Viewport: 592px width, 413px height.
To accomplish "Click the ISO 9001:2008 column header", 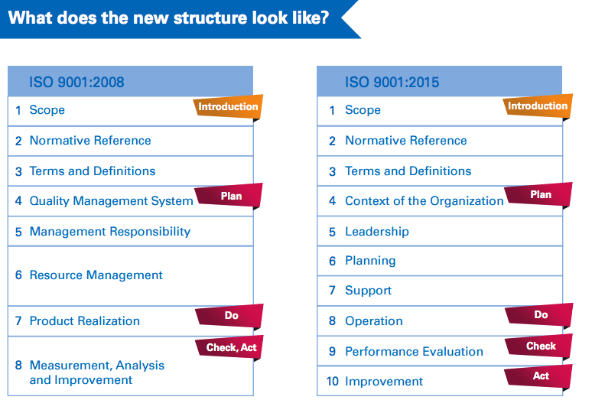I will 76,82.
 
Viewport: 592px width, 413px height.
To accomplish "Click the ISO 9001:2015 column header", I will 392,82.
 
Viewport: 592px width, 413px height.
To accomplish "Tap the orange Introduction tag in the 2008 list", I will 228,107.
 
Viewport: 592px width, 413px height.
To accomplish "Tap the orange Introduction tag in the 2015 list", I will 538,106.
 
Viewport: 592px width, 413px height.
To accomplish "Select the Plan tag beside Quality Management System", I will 230,196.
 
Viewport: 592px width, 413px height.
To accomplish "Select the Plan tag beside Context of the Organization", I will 540,195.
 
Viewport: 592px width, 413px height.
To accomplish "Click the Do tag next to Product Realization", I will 230,316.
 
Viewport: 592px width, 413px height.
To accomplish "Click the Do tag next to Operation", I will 540,315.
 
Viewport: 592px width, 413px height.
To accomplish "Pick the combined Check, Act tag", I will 231,348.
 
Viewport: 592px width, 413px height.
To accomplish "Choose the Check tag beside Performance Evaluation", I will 540,346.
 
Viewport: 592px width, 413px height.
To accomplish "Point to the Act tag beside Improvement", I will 540,376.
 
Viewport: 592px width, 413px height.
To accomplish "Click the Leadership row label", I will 376,232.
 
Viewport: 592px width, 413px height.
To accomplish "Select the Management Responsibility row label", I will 109,232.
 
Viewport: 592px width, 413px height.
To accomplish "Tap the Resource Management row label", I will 96,275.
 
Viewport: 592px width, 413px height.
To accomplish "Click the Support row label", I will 368,291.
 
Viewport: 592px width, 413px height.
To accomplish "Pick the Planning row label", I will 370,261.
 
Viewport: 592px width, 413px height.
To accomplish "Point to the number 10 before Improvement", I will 332,382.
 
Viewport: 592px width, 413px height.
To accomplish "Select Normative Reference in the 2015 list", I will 405,141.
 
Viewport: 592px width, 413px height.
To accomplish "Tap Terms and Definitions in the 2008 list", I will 92,171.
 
